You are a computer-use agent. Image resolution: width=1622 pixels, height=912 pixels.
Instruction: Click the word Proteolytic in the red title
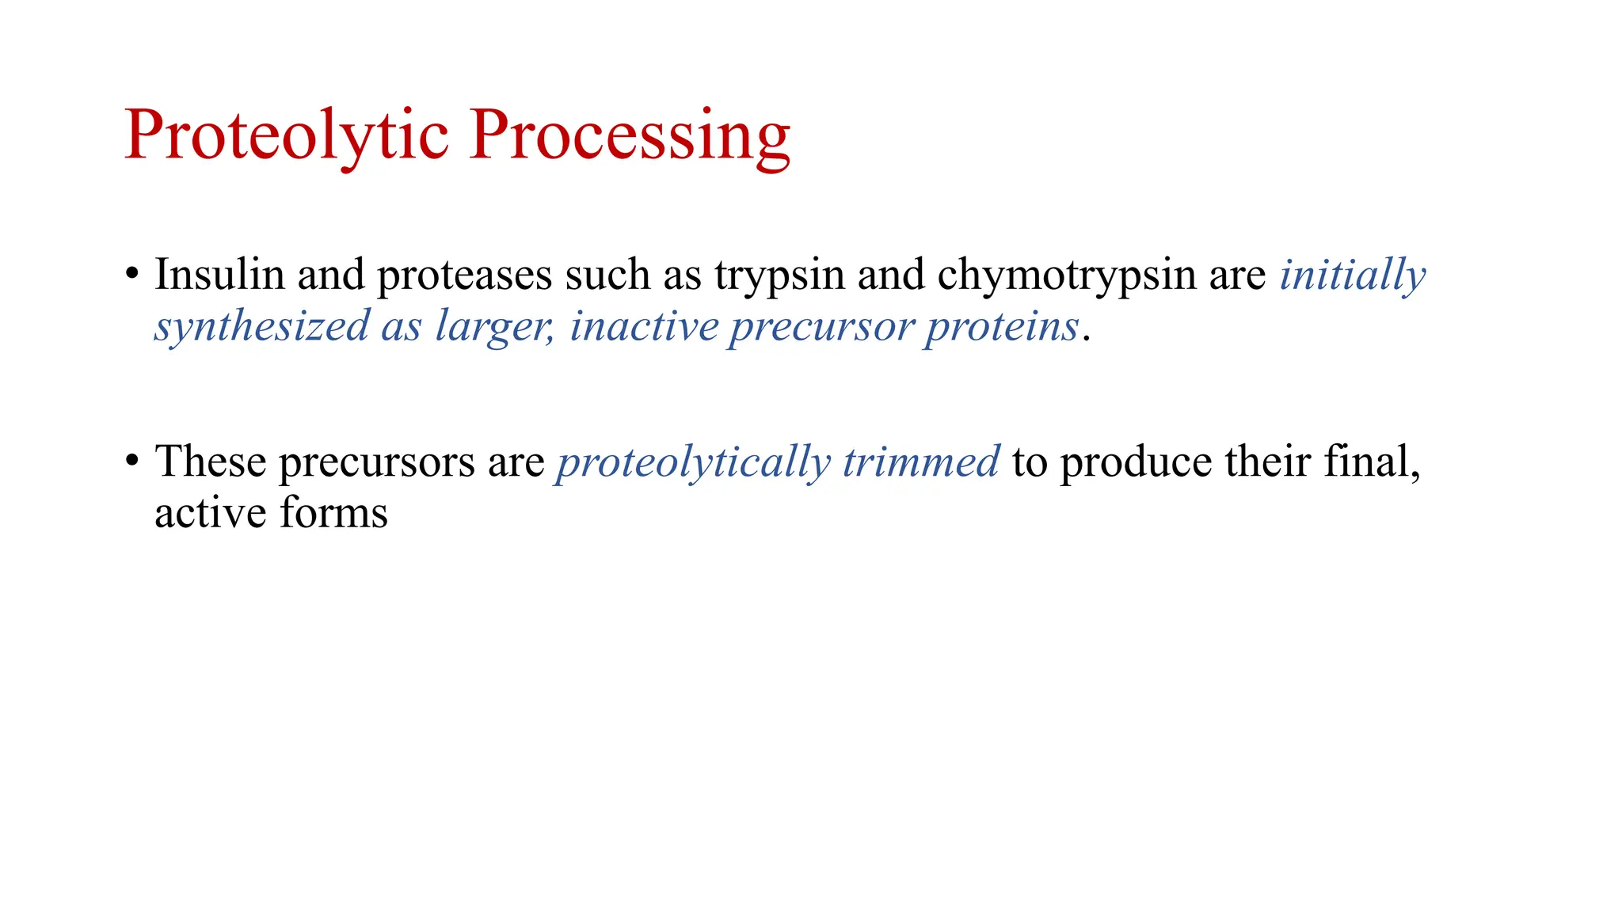286,135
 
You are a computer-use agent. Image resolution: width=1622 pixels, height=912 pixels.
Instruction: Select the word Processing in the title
630,135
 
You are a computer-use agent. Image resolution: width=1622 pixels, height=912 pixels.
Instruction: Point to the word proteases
464,276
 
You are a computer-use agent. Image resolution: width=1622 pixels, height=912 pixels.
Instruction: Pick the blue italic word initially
1353,276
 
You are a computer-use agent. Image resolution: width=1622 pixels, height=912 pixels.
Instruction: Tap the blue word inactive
644,325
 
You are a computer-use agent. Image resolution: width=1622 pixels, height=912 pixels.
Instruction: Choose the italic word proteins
1002,327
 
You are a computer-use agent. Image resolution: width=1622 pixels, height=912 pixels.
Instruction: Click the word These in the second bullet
210,461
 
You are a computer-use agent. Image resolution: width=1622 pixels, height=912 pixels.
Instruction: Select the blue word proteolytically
693,462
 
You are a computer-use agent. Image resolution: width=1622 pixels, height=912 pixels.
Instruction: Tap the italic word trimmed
920,462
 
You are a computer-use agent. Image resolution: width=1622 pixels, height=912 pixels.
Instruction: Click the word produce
1136,462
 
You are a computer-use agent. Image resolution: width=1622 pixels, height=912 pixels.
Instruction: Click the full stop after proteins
1087,339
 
